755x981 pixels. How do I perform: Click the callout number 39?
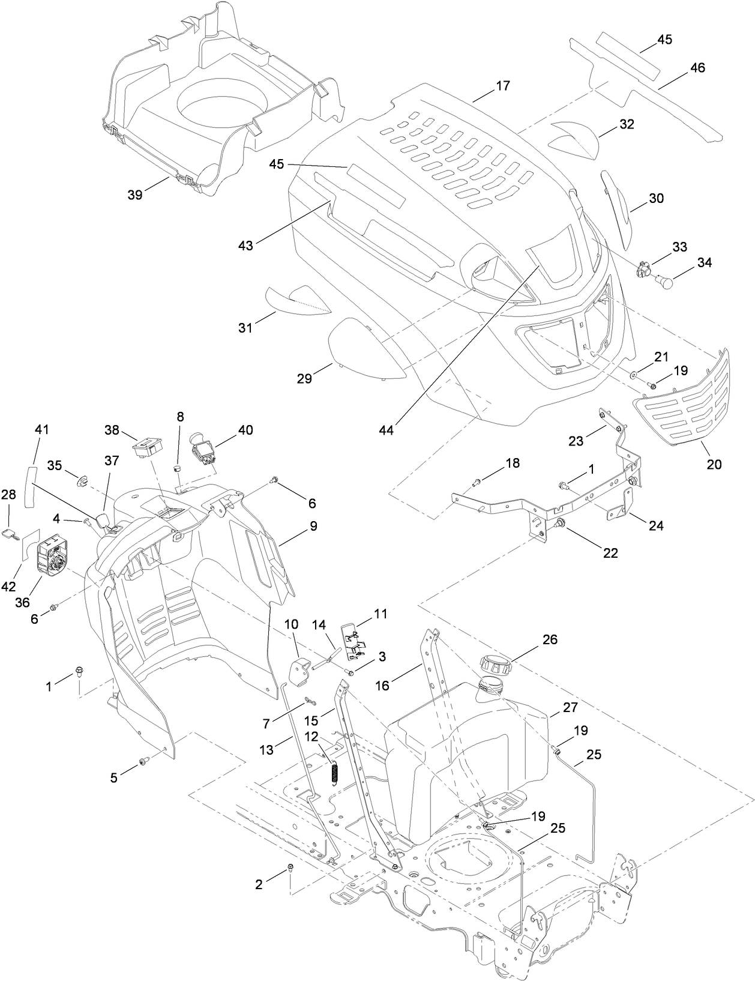[x=136, y=194]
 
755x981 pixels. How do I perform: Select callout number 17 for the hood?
[x=502, y=86]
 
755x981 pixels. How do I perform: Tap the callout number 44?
[x=387, y=430]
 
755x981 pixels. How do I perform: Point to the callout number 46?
[x=697, y=68]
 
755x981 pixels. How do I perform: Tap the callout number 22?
[x=610, y=553]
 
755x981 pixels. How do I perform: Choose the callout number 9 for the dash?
[x=313, y=526]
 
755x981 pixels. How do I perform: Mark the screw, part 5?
[x=144, y=761]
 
